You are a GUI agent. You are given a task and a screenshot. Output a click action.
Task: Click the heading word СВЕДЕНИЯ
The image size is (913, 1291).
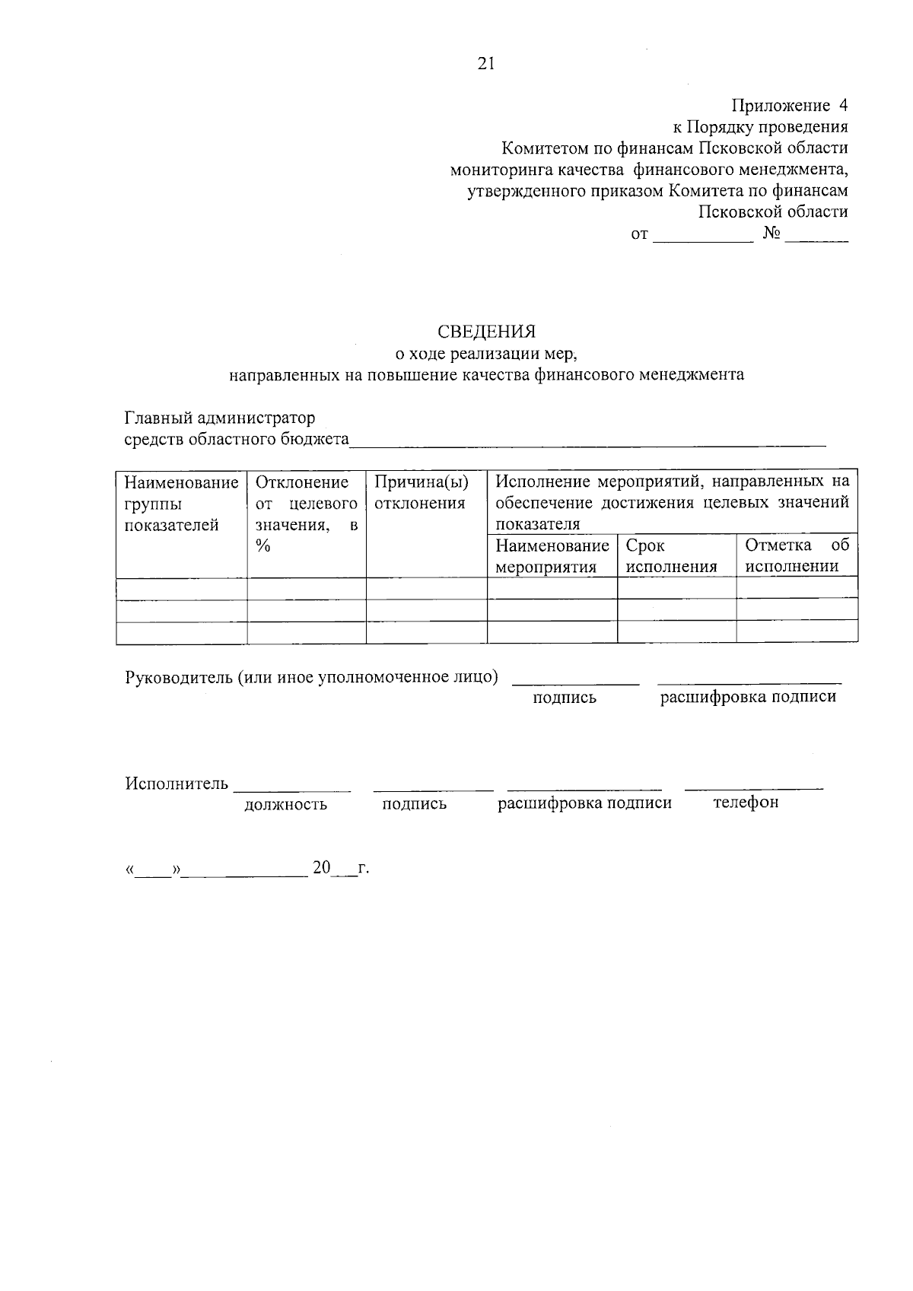click(486, 332)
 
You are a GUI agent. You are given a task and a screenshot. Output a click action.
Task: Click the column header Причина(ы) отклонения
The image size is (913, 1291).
click(421, 492)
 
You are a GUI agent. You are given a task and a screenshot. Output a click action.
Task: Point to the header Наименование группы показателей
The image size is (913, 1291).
click(181, 503)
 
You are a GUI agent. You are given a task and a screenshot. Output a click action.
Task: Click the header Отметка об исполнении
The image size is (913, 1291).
click(796, 555)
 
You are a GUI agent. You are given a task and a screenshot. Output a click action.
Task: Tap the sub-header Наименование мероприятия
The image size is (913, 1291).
click(552, 555)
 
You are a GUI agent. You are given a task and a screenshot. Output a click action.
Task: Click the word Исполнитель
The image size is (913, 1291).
click(177, 784)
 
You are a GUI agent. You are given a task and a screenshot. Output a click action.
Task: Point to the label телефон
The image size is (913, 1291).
click(746, 803)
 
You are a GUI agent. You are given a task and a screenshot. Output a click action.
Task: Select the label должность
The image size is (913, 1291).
click(285, 804)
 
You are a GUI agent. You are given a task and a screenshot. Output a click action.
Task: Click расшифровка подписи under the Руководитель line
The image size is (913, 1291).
click(748, 697)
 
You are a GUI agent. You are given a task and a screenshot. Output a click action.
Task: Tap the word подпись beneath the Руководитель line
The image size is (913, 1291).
click(565, 698)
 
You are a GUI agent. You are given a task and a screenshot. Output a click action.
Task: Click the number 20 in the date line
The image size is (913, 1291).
click(321, 868)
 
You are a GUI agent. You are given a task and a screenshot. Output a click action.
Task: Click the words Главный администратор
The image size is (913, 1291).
click(220, 418)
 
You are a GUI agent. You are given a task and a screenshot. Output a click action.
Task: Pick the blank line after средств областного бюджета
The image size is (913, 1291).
click(586, 441)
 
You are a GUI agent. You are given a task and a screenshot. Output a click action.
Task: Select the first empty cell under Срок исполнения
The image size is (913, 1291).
click(676, 587)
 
